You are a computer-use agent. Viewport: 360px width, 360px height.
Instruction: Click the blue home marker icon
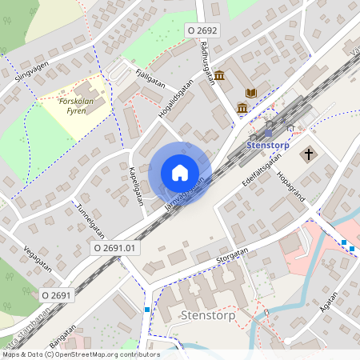180,173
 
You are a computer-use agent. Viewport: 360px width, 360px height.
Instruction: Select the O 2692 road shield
202,30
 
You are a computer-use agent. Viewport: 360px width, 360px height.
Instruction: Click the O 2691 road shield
57,295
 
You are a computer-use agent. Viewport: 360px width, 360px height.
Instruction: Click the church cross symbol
309,152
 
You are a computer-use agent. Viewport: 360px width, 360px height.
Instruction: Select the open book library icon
251,94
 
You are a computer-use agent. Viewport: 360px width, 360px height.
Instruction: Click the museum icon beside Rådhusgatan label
220,76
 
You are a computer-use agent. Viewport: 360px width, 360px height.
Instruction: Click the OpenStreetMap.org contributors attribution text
114,354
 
